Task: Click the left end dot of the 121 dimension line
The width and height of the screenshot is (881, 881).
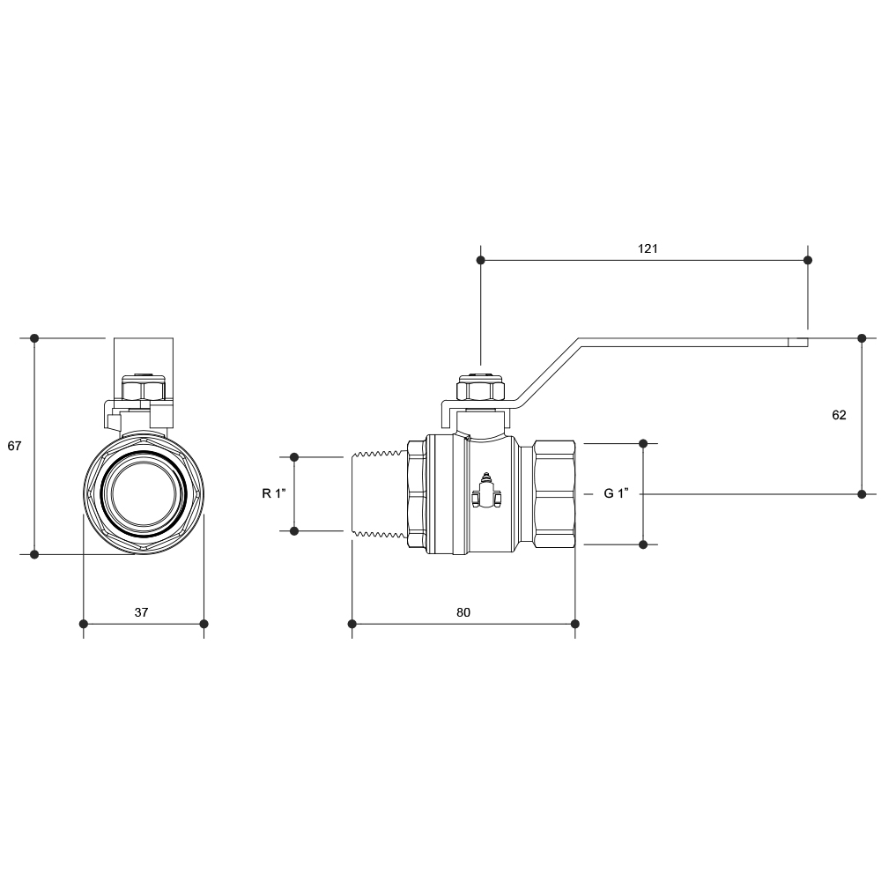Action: tap(480, 260)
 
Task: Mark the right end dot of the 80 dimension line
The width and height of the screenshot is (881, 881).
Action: tap(574, 624)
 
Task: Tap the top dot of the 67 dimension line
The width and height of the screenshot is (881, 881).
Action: tap(34, 338)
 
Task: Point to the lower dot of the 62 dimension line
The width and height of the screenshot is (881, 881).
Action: tap(862, 494)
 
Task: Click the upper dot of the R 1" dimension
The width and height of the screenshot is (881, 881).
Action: tap(294, 457)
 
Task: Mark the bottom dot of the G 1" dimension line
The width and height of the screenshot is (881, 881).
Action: tap(643, 544)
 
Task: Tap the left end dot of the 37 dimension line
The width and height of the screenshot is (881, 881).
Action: tap(84, 624)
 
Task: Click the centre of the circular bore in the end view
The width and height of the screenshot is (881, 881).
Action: tap(144, 493)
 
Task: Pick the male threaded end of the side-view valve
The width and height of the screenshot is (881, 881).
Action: tap(379, 494)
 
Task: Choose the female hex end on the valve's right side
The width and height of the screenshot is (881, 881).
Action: tap(554, 494)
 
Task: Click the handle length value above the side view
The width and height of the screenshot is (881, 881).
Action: tap(648, 248)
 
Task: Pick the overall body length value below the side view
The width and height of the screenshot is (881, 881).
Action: tap(463, 612)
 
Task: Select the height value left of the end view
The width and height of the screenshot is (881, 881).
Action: tap(14, 446)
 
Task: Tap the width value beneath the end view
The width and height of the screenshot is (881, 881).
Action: tap(141, 612)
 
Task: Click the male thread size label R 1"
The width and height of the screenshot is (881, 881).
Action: tap(274, 493)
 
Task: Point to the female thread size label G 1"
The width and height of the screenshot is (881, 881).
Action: tap(616, 493)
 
